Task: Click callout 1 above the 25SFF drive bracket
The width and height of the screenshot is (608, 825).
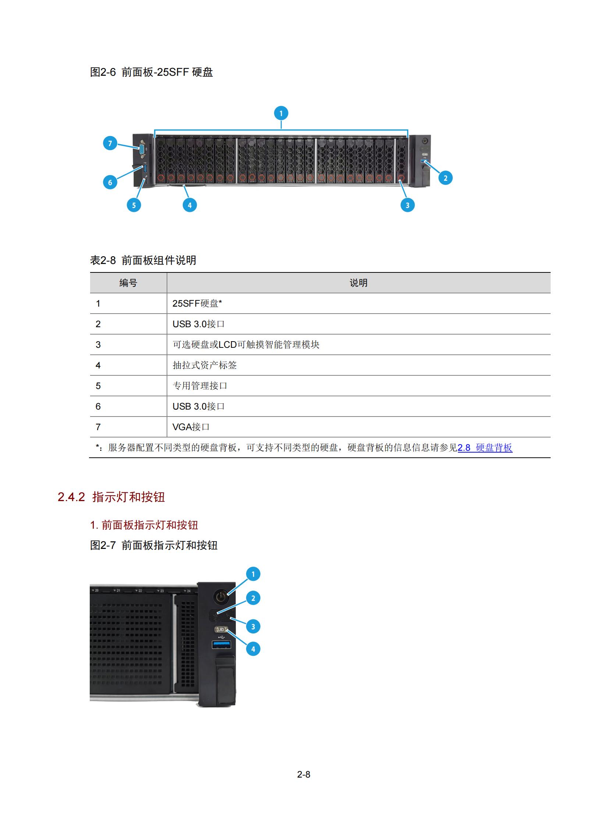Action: click(x=281, y=113)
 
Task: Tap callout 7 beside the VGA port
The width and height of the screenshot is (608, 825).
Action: click(x=110, y=143)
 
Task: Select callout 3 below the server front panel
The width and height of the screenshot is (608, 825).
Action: click(x=408, y=205)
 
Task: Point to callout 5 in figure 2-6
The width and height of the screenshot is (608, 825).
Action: click(x=134, y=205)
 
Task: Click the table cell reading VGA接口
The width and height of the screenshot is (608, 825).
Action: click(x=191, y=427)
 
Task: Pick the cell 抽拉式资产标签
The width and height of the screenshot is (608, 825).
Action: click(x=205, y=365)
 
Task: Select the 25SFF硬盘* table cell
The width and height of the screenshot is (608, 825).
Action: click(x=197, y=303)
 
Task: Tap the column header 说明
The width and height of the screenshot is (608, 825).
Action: click(x=359, y=283)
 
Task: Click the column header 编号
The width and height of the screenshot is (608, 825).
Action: click(x=128, y=283)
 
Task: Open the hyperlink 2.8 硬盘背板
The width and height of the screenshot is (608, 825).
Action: click(x=485, y=448)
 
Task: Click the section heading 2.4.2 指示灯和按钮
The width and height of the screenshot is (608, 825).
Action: click(x=111, y=497)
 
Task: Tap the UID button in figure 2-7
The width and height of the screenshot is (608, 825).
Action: click(x=221, y=629)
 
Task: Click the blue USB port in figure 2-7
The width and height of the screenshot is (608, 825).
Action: click(x=221, y=645)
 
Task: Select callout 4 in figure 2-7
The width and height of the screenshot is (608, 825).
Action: click(x=253, y=649)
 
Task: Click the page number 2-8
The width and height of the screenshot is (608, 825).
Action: click(x=303, y=774)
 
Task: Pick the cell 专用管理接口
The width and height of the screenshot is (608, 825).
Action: click(x=200, y=386)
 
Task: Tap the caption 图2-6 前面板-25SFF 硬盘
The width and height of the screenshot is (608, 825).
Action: click(x=152, y=72)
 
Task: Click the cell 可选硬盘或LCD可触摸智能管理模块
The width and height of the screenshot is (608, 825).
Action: click(x=246, y=344)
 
